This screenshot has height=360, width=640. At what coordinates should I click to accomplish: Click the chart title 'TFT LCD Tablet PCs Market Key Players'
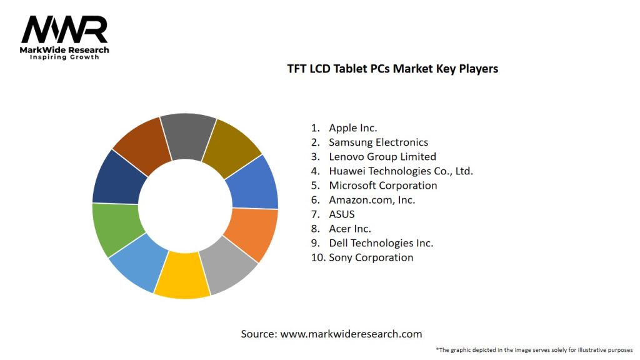[x=392, y=69]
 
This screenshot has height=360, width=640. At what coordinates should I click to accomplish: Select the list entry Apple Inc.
[x=353, y=128]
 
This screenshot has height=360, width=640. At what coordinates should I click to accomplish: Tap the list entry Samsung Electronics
[x=378, y=142]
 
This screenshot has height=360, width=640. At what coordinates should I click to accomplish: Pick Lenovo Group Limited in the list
[x=382, y=157]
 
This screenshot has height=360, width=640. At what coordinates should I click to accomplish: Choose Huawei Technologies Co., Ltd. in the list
[x=401, y=171]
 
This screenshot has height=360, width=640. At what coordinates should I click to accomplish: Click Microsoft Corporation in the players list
[x=383, y=186]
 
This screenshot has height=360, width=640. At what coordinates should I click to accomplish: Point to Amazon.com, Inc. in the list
[x=372, y=200]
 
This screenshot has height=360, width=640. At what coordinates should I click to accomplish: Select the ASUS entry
[x=342, y=214]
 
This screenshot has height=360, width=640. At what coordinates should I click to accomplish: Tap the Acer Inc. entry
[x=350, y=229]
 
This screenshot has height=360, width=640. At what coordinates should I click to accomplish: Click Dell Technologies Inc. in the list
[x=381, y=243]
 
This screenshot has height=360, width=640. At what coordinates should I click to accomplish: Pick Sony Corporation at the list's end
[x=371, y=257]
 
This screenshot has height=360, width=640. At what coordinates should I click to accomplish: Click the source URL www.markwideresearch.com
[x=351, y=334]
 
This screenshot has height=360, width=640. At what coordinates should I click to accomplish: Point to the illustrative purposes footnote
[x=534, y=349]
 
